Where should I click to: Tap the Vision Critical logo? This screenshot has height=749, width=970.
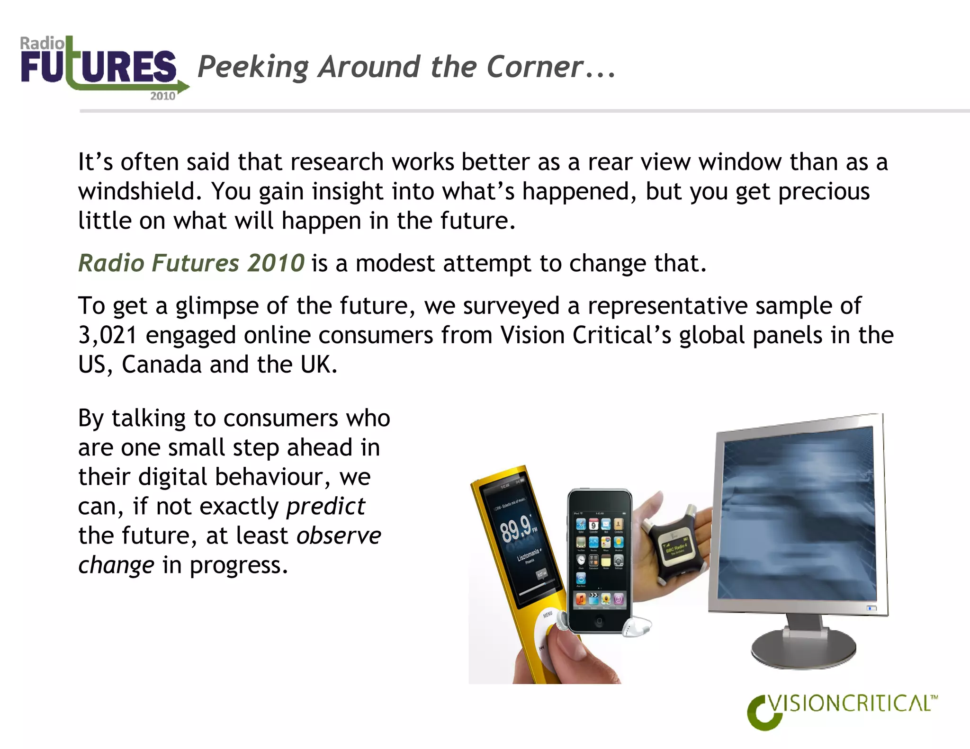pyautogui.click(x=842, y=710)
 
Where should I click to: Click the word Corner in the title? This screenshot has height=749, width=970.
pyautogui.click(x=535, y=67)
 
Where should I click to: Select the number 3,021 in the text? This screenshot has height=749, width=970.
pyautogui.click(x=108, y=335)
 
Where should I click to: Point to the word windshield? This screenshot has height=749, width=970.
pyautogui.click(x=136, y=192)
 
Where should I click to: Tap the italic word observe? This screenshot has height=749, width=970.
pyautogui.click(x=339, y=536)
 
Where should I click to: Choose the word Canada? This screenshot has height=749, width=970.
pyautogui.click(x=162, y=365)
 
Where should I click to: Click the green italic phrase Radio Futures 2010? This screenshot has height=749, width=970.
pyautogui.click(x=191, y=263)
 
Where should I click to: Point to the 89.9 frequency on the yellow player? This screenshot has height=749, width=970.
pyautogui.click(x=516, y=529)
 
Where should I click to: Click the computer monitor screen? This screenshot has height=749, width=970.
pyautogui.click(x=798, y=514)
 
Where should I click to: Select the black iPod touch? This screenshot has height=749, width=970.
pyautogui.click(x=600, y=561)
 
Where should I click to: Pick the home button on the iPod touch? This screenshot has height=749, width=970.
pyautogui.click(x=600, y=621)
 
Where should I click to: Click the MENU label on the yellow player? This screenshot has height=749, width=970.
pyautogui.click(x=548, y=614)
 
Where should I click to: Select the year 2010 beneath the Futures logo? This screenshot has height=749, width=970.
pyautogui.click(x=162, y=96)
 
